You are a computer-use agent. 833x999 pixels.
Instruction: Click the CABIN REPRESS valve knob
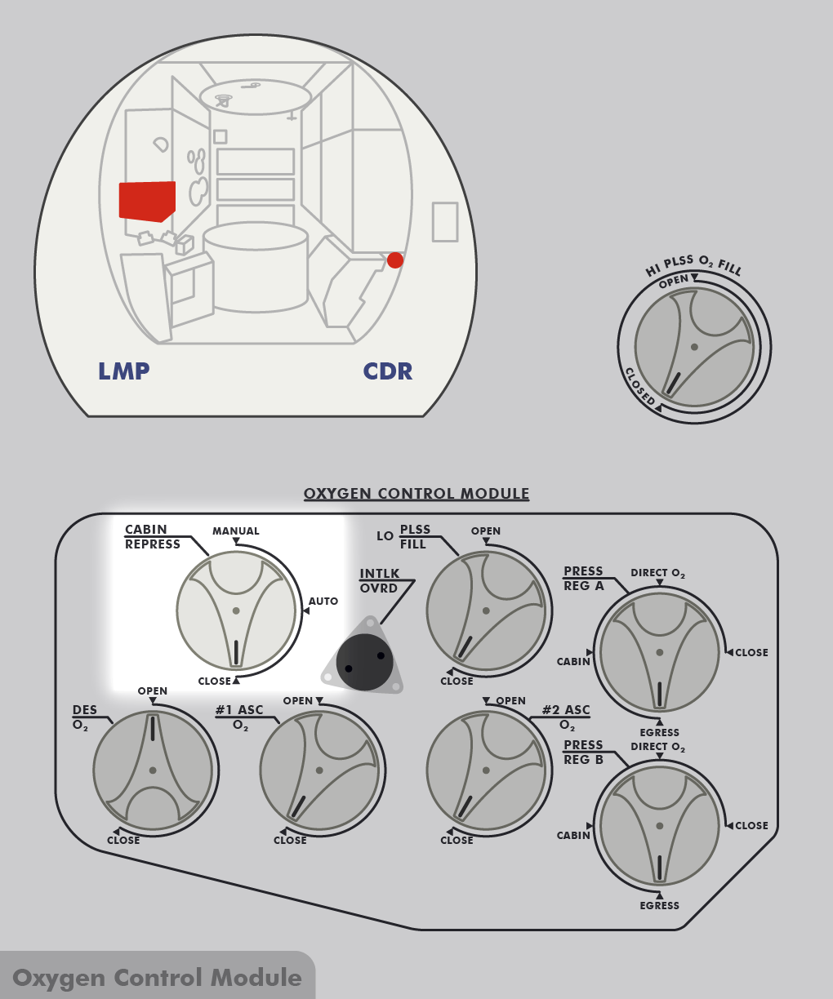(236, 610)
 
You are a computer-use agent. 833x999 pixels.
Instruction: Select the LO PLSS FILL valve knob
(486, 610)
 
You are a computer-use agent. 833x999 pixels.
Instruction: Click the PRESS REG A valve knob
(659, 652)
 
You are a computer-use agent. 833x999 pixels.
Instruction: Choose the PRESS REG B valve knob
(659, 825)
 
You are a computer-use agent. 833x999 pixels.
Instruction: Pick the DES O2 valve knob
(153, 770)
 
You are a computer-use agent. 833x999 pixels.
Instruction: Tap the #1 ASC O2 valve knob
(319, 770)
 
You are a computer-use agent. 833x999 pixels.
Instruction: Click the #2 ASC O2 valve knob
(486, 770)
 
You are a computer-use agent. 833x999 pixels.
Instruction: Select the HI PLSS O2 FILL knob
(694, 347)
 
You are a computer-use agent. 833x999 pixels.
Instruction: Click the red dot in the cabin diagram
(395, 260)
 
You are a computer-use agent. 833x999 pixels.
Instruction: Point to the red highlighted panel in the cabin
(147, 201)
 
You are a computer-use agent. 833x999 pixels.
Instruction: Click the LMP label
(124, 371)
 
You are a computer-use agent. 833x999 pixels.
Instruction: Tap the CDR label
(388, 371)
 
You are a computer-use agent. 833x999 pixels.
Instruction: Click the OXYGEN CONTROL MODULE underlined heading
(416, 494)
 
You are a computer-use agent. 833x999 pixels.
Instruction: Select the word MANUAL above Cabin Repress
(236, 531)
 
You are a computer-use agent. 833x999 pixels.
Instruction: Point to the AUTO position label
(323, 602)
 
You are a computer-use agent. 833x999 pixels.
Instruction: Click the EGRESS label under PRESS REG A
(660, 733)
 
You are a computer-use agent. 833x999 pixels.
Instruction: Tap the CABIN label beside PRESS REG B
(573, 836)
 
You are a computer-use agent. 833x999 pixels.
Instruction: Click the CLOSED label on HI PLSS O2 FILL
(640, 385)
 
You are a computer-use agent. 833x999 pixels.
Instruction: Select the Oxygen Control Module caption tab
(157, 978)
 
